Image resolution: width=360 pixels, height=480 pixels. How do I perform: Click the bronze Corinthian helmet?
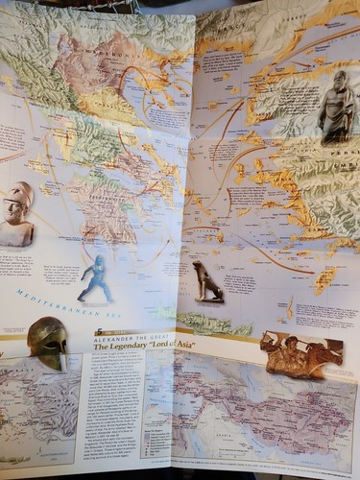(x=47, y=341)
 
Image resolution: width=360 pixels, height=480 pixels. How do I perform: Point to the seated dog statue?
(x=206, y=280)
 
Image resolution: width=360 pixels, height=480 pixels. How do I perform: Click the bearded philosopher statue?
(x=337, y=108)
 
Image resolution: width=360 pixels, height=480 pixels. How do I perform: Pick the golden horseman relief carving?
(x=301, y=354)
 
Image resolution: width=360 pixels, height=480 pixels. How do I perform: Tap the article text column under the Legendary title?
(x=110, y=403)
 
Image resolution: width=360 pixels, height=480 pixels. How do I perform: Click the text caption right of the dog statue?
(x=240, y=282)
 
